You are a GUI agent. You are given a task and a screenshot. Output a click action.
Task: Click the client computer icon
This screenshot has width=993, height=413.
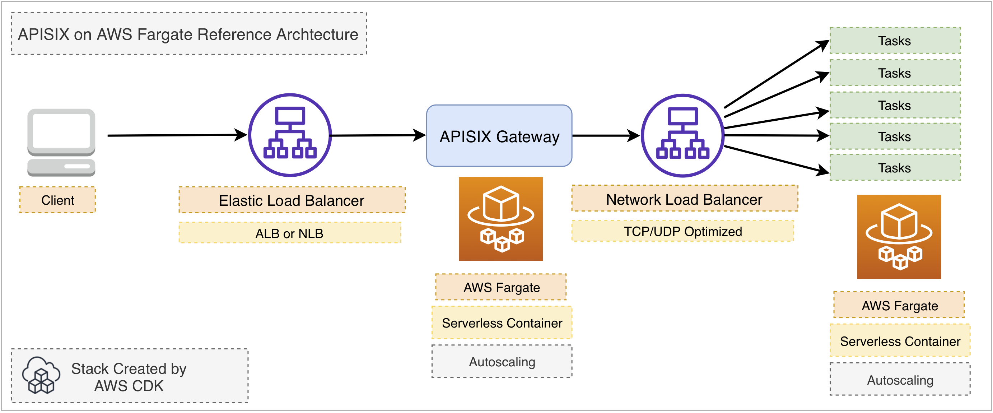(x=61, y=142)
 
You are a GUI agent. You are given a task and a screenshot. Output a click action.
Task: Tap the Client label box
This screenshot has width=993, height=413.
(x=57, y=200)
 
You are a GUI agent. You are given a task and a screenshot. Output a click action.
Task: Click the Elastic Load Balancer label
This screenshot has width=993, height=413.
(x=292, y=200)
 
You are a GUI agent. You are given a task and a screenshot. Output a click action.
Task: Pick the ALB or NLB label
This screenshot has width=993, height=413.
(x=289, y=233)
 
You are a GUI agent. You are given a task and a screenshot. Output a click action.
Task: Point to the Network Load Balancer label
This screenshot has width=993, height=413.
(x=684, y=199)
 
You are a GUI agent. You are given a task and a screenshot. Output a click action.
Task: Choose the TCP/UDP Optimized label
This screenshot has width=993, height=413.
(x=683, y=231)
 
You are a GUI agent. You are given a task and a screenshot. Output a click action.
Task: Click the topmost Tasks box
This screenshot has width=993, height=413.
(x=895, y=41)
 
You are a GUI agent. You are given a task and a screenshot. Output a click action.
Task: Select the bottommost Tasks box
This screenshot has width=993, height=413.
(x=895, y=168)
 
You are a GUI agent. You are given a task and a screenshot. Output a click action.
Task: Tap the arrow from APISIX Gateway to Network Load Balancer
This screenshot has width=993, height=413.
(x=605, y=136)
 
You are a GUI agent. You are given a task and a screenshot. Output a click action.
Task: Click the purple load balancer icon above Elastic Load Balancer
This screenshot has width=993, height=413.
(x=290, y=135)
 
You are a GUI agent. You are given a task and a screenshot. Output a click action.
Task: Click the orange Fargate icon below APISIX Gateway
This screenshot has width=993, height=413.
(x=500, y=219)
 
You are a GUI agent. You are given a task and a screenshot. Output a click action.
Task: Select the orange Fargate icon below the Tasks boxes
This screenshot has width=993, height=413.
(x=899, y=236)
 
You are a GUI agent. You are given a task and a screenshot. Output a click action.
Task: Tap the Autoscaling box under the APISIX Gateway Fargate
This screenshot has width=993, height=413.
(x=502, y=361)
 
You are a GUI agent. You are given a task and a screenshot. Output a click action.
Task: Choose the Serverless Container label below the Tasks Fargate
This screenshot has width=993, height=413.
(x=900, y=341)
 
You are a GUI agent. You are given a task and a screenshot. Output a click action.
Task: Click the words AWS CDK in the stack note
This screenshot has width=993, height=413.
(x=129, y=386)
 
